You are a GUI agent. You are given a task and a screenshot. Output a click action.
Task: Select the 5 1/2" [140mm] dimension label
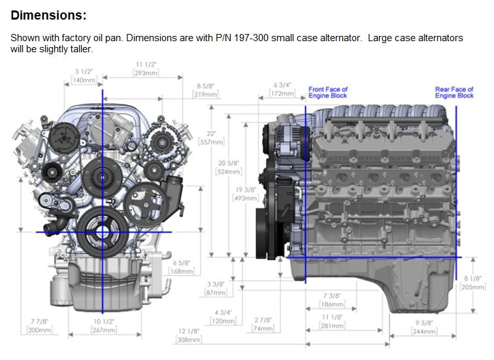(83, 75)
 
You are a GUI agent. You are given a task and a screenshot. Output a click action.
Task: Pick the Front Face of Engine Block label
(328, 92)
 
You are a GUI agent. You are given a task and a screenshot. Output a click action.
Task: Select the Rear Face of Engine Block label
(454, 92)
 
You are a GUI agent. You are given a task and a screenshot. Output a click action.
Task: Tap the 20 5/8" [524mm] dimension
(229, 167)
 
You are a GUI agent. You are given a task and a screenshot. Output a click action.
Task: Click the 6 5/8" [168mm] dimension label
(181, 267)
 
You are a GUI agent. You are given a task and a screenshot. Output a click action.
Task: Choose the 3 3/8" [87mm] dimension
(216, 288)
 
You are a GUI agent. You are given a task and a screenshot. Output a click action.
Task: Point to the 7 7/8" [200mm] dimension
(39, 326)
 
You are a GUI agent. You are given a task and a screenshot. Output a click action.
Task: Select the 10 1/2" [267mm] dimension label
(103, 326)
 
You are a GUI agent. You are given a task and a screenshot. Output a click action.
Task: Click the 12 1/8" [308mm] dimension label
(188, 336)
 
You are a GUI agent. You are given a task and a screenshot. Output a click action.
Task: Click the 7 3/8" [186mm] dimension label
(332, 301)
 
